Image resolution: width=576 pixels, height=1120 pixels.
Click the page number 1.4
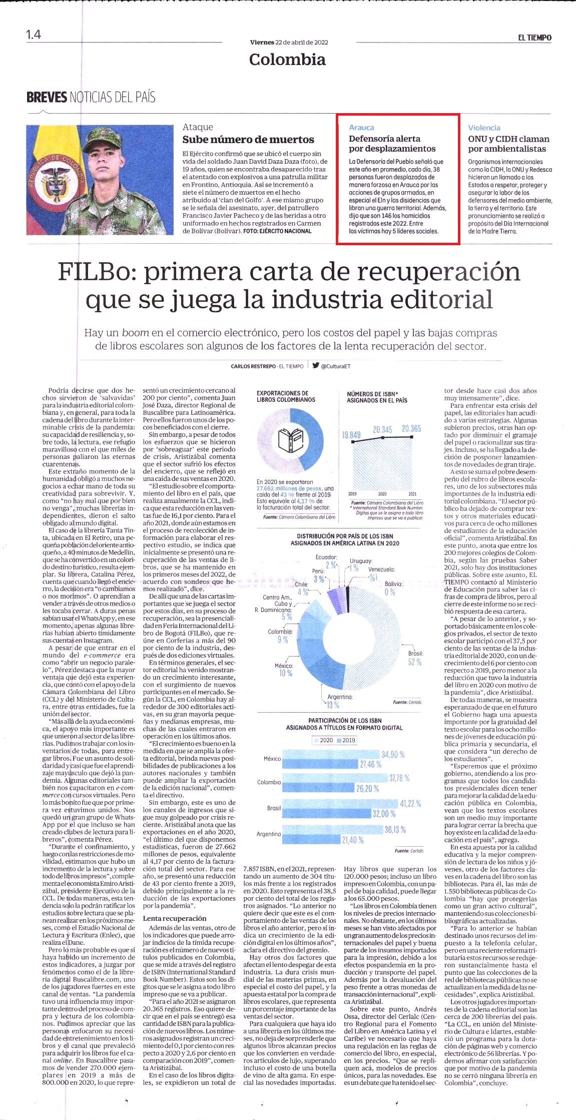34,35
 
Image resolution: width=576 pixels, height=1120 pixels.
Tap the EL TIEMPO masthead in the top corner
534,38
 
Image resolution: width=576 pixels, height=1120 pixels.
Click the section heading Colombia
287,60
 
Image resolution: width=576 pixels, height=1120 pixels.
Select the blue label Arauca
361,128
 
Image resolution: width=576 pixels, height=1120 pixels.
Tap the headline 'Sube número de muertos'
248,140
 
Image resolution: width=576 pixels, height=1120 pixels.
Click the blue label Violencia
484,128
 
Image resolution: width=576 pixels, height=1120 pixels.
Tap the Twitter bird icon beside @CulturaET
316,365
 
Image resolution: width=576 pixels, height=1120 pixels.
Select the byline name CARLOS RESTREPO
254,366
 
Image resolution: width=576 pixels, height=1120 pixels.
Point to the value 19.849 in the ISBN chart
351,434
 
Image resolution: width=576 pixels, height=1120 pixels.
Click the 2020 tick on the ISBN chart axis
382,493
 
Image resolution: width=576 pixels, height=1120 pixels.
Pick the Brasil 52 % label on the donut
415,658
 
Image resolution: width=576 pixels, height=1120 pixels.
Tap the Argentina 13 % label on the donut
340,701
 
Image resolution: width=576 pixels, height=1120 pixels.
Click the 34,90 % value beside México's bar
393,754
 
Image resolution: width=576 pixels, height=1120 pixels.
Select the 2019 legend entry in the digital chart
346,740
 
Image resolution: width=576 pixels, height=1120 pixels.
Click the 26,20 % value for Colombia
367,789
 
